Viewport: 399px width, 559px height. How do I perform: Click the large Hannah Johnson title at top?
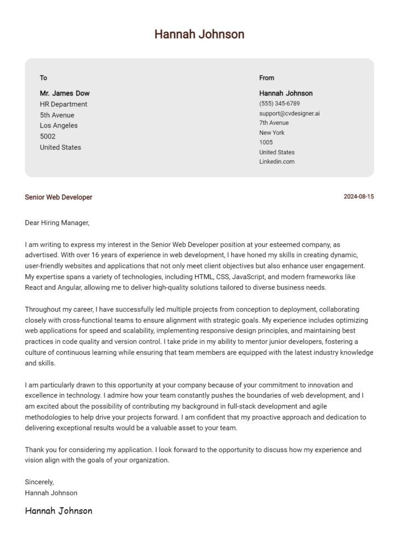click(199, 34)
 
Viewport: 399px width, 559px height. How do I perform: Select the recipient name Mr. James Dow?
click(64, 93)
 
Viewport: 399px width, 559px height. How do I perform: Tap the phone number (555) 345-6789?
click(279, 103)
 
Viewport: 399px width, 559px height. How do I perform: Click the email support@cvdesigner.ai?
click(289, 113)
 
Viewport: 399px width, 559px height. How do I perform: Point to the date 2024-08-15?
click(359, 197)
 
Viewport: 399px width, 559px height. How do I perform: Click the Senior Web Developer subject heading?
click(58, 197)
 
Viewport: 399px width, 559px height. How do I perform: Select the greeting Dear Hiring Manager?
click(57, 223)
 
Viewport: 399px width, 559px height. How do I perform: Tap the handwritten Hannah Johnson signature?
click(58, 511)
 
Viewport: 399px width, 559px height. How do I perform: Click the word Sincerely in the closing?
click(39, 482)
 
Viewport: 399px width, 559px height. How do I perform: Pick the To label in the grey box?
click(44, 78)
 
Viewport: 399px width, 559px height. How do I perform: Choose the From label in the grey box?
click(267, 78)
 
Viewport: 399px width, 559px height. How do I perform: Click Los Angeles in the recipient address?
click(58, 126)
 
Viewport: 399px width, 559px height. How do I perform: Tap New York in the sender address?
click(272, 133)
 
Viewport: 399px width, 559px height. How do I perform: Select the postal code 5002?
click(48, 136)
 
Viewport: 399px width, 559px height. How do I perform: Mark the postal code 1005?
click(266, 142)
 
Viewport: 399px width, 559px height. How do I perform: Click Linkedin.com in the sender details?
click(277, 162)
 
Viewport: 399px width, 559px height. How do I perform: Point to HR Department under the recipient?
click(63, 104)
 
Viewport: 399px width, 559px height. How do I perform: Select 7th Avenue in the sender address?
click(274, 123)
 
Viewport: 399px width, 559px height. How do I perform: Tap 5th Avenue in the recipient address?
click(57, 115)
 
